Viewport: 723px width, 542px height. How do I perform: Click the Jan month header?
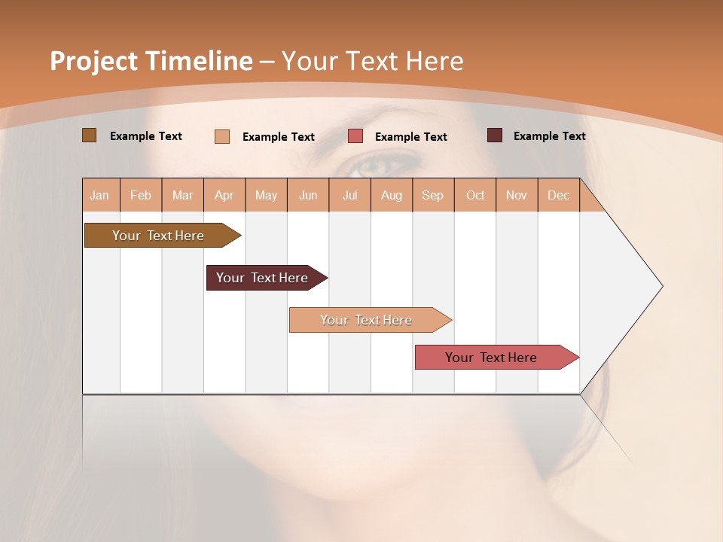pos(100,195)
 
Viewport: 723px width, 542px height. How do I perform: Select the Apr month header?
pos(224,195)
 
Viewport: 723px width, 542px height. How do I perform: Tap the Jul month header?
pos(349,195)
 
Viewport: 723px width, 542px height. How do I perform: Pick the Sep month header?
pos(433,195)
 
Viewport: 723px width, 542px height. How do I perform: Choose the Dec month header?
pos(558,195)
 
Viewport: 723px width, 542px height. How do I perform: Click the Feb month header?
pos(141,195)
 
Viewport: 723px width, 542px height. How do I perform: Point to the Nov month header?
pos(517,195)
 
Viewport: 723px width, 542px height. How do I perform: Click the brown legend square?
pos(90,135)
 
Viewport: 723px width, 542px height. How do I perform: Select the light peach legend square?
pos(222,136)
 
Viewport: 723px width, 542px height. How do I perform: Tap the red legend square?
pos(355,136)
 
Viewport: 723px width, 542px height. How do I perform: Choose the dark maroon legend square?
pos(495,135)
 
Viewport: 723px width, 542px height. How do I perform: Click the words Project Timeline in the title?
pos(151,61)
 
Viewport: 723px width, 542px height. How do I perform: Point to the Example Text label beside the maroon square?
pos(549,136)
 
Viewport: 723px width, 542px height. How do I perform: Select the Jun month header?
pos(308,195)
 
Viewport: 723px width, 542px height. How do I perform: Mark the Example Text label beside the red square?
pos(410,137)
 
